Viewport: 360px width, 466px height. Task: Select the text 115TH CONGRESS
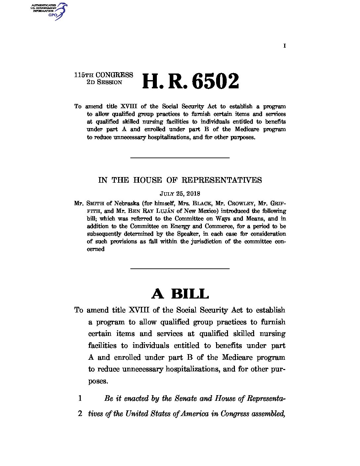point(104,75)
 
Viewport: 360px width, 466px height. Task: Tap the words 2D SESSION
point(104,82)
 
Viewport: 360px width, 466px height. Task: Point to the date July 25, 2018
point(180,194)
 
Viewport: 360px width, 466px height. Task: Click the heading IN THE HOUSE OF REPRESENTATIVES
point(180,180)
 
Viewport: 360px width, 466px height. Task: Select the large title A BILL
point(180,294)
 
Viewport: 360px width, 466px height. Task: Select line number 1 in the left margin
point(80,398)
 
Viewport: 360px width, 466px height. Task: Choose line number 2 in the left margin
point(80,414)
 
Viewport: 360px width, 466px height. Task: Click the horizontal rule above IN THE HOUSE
point(180,158)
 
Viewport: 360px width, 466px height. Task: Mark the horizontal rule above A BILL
point(180,268)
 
